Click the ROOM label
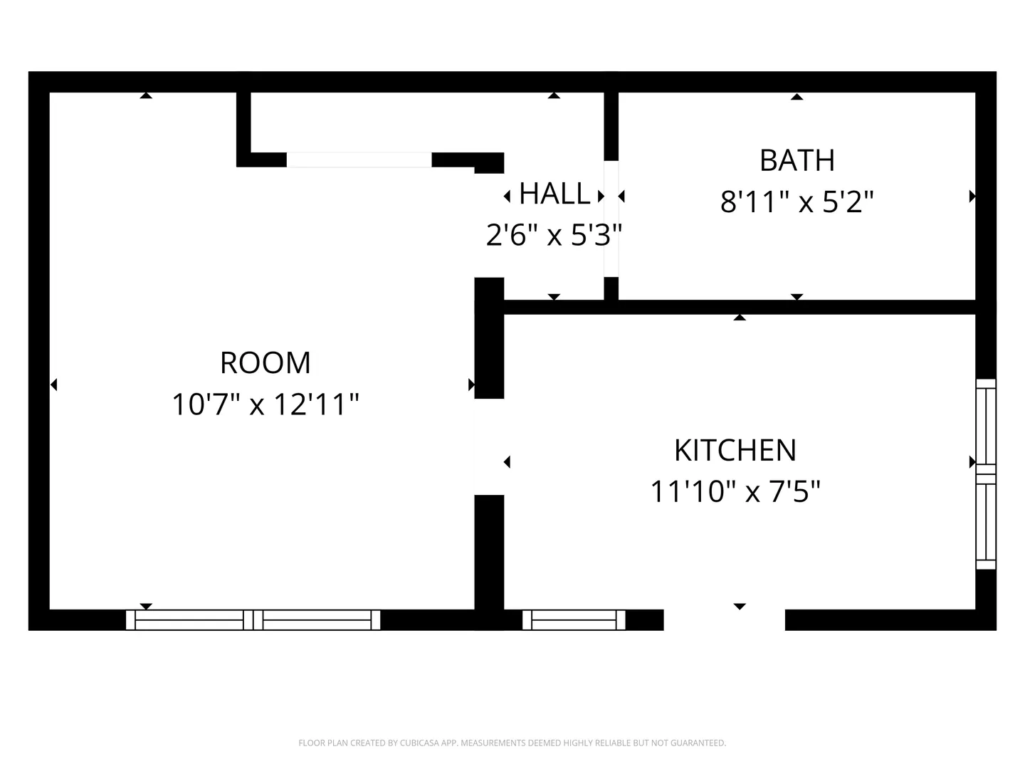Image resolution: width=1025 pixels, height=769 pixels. point(266,363)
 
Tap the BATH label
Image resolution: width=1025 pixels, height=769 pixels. point(797,161)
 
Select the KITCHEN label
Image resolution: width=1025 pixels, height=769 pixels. point(735,451)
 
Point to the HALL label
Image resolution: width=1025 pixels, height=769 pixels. point(554,194)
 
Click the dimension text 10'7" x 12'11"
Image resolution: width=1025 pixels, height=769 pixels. point(266,404)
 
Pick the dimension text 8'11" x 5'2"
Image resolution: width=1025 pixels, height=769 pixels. point(797,202)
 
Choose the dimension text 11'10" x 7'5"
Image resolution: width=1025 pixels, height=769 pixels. point(735,491)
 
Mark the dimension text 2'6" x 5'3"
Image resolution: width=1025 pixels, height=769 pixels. point(554,235)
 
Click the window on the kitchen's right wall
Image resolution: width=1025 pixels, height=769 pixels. point(986,474)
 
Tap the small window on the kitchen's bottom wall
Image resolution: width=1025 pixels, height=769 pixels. point(574,620)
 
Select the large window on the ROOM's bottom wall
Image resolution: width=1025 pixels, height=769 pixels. point(253,620)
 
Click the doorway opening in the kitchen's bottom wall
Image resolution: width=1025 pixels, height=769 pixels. point(725,620)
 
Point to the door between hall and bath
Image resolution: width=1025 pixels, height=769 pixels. point(611,219)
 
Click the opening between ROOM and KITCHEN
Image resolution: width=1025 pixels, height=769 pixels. point(489,447)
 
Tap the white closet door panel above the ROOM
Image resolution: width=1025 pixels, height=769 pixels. point(359,159)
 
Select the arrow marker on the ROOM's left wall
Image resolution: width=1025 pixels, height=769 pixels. point(53,384)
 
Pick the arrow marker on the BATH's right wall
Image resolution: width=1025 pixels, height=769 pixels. point(972,196)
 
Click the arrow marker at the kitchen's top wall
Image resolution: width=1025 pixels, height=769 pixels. point(740,318)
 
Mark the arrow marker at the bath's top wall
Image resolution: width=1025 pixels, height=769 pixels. point(797,97)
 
